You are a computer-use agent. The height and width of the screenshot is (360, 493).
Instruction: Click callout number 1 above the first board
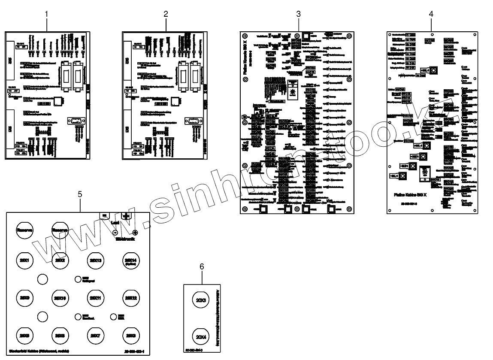tap(46, 14)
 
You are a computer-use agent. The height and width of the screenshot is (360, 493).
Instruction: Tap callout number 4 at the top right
tap(431, 14)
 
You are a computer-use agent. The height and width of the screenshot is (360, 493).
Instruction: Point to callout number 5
tap(80, 194)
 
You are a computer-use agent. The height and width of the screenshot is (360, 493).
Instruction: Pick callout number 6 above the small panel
tap(202, 266)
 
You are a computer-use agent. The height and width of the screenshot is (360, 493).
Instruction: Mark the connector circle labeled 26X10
tap(60, 298)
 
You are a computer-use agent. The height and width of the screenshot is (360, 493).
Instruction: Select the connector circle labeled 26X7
tap(95, 335)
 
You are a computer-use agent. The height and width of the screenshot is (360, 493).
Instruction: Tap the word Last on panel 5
tap(115, 223)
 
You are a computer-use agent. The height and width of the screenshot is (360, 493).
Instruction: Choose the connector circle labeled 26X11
tap(95, 297)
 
